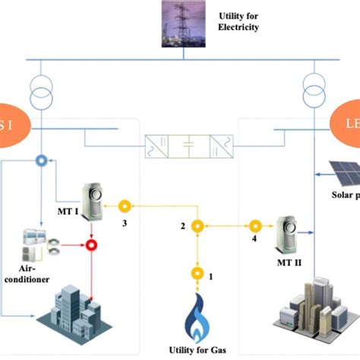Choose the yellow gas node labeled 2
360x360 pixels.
click(197, 226)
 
